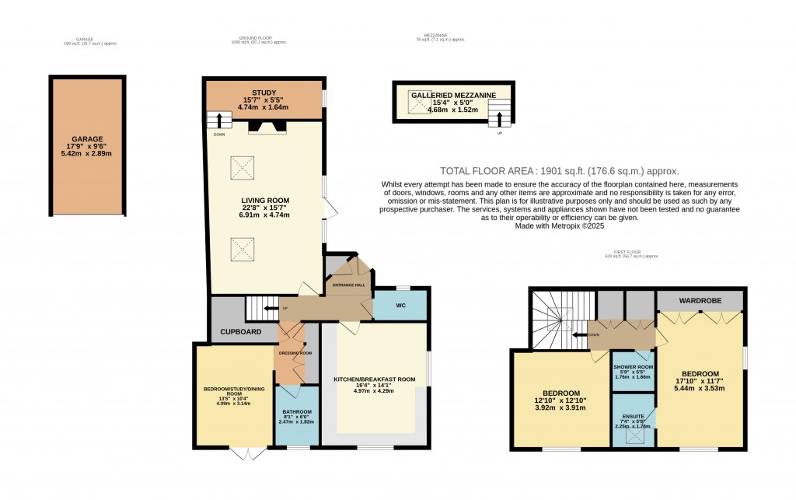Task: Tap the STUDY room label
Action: click(x=264, y=93)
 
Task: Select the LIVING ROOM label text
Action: click(x=264, y=200)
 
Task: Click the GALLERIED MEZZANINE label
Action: click(x=453, y=95)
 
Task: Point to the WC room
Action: click(x=400, y=306)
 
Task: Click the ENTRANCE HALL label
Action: click(x=348, y=285)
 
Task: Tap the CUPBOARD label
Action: click(x=240, y=332)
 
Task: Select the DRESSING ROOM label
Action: click(x=295, y=353)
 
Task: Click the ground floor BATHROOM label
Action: click(x=296, y=411)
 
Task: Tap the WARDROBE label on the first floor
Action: click(x=700, y=299)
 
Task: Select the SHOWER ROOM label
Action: click(x=633, y=367)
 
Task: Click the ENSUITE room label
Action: click(x=632, y=417)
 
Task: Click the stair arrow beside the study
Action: click(x=221, y=121)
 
